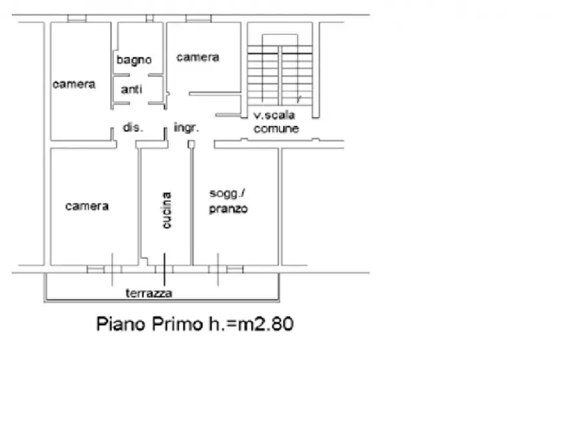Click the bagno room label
pyautogui.click(x=134, y=60)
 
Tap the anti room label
pyautogui.click(x=131, y=89)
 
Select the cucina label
pyautogui.click(x=166, y=210)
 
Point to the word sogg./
pyautogui.click(x=227, y=194)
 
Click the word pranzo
pyautogui.click(x=228, y=209)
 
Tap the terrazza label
pyautogui.click(x=149, y=293)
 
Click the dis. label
pyautogui.click(x=133, y=128)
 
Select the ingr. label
pyautogui.click(x=186, y=128)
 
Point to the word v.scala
pyautogui.click(x=274, y=115)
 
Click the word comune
pyautogui.click(x=276, y=129)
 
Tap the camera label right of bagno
pyautogui.click(x=197, y=57)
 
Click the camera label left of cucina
pyautogui.click(x=87, y=206)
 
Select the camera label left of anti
pyautogui.click(x=74, y=84)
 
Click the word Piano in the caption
pyautogui.click(x=121, y=324)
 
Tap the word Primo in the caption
pyautogui.click(x=177, y=324)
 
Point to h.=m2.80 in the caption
pyautogui.click(x=251, y=324)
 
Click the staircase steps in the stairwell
pyautogui.click(x=280, y=75)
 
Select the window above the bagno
pyautogui.click(x=150, y=18)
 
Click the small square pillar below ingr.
pyautogui.click(x=192, y=144)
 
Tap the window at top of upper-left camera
pyautogui.click(x=77, y=18)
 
